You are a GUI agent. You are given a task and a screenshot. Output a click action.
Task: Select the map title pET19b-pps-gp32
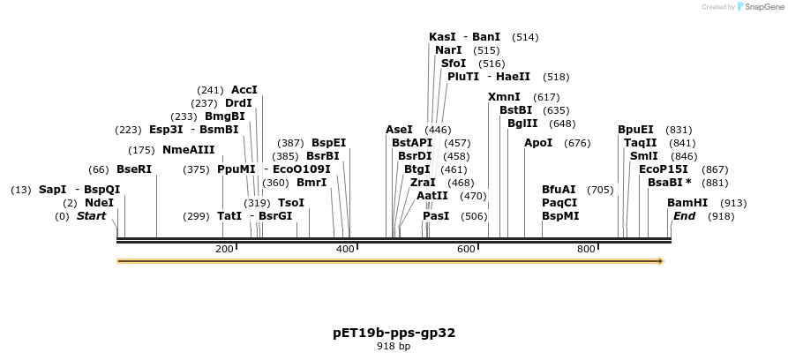pos(394,333)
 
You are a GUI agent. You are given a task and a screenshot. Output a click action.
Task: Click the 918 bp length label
pos(394,347)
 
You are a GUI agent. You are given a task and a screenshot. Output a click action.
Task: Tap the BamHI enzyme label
pos(687,202)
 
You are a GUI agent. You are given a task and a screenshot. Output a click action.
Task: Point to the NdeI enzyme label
pos(100,202)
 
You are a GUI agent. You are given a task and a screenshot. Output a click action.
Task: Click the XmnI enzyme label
pos(504,96)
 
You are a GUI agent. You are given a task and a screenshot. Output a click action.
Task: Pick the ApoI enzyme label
pos(538,142)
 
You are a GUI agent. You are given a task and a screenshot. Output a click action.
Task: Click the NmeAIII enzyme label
pos(188,149)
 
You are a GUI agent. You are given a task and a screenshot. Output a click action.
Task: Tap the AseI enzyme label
pos(399,129)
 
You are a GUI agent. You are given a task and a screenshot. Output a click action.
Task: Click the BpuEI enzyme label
pos(635,129)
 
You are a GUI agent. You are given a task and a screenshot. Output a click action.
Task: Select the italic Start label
pos(91,215)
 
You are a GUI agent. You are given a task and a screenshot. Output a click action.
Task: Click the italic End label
pos(684,215)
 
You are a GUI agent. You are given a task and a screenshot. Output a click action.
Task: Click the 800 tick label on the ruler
pos(586,250)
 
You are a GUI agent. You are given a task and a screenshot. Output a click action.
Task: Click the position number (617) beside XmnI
pos(546,97)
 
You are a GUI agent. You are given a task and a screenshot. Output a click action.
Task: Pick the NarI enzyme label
pos(448,50)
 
